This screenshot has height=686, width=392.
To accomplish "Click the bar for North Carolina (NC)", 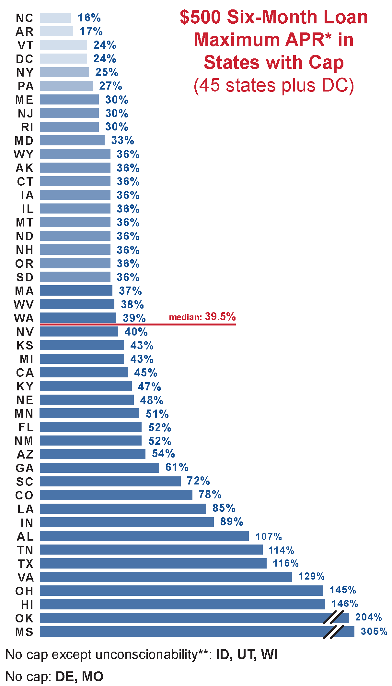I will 55,18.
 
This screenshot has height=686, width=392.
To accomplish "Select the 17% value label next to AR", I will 91,31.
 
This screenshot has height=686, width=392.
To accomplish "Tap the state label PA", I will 26,86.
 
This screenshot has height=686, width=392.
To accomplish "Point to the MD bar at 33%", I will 72,141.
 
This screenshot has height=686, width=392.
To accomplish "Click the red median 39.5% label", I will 202,317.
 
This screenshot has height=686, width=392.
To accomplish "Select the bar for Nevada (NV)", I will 79,332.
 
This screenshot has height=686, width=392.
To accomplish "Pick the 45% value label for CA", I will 145,373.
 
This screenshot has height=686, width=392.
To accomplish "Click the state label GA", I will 25,468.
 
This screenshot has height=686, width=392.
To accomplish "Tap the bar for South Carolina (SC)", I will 110,482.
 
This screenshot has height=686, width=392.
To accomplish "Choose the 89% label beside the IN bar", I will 231,522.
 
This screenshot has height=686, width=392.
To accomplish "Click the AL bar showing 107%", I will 144,536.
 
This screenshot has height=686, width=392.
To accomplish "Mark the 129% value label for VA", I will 311,576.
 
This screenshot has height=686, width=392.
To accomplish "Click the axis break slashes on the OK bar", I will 333,618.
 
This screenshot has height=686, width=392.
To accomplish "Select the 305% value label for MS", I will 374,631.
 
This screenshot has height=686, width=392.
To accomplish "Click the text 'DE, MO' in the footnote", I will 79,677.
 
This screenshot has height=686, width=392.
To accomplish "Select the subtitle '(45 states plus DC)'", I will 274,86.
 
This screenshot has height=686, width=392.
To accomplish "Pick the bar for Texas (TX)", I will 153,563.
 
